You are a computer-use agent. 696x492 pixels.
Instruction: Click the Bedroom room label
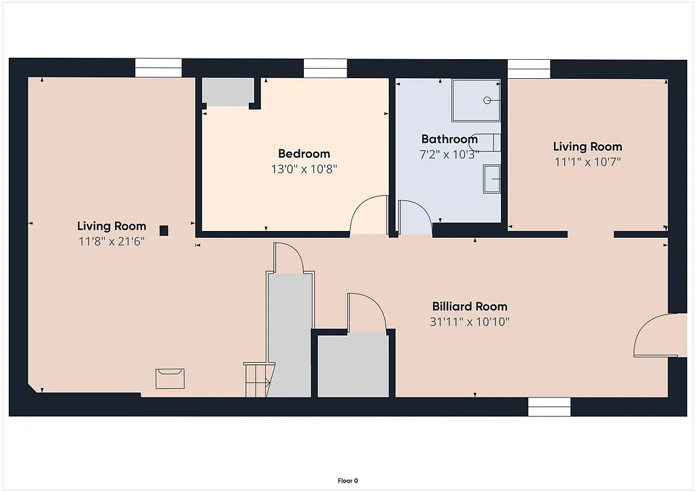point(304,154)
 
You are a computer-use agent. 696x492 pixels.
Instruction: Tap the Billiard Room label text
point(470,306)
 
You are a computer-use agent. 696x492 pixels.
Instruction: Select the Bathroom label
point(449,139)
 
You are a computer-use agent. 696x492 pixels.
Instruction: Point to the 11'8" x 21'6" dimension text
point(111,241)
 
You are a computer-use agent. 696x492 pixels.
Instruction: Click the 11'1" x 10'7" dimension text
point(587,162)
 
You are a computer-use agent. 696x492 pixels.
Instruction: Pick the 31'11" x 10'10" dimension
point(470,321)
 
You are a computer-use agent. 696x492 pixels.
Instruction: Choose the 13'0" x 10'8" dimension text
point(304,169)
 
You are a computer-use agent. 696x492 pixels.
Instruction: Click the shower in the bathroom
point(476,100)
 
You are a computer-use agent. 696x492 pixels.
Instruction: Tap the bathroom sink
point(491,179)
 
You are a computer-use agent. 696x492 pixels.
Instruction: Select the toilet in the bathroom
point(489,142)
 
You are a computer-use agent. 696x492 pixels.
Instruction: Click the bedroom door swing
point(367,216)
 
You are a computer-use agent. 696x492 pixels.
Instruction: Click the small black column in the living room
point(164,230)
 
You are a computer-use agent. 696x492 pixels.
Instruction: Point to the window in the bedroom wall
point(325,69)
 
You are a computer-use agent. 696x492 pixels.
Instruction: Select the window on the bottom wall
point(549,406)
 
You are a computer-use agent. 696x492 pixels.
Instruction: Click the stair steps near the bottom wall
point(257,380)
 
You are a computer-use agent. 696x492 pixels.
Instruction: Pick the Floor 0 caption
point(347,480)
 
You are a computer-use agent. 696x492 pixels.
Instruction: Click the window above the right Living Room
point(529,69)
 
